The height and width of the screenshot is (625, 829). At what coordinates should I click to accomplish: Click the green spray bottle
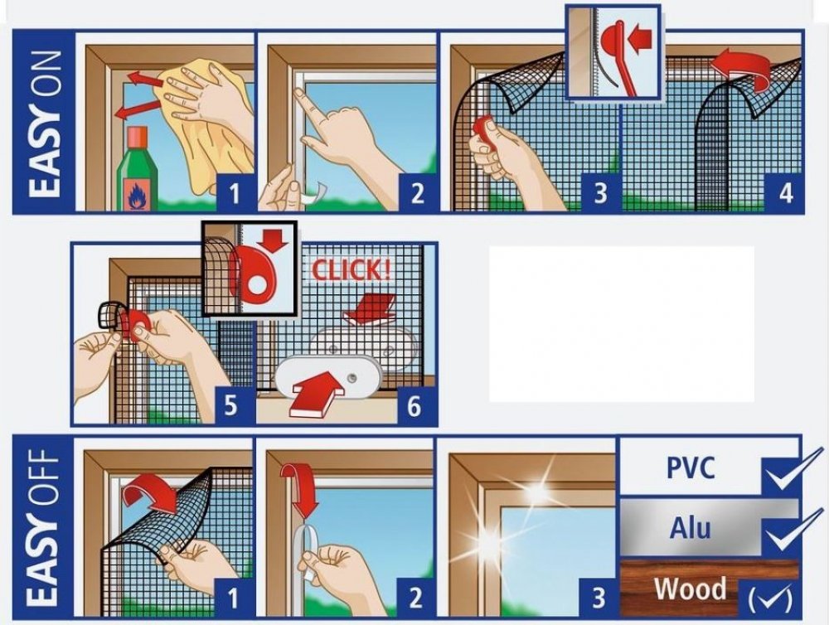click(x=138, y=169)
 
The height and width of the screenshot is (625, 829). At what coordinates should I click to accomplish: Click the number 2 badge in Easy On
click(x=418, y=192)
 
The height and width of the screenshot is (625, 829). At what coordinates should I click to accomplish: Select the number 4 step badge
click(x=786, y=192)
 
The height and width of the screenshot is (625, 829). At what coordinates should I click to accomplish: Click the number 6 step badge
click(x=414, y=405)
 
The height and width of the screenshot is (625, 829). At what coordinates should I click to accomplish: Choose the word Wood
click(x=690, y=588)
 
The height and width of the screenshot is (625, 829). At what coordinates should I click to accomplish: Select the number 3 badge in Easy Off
click(x=599, y=597)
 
